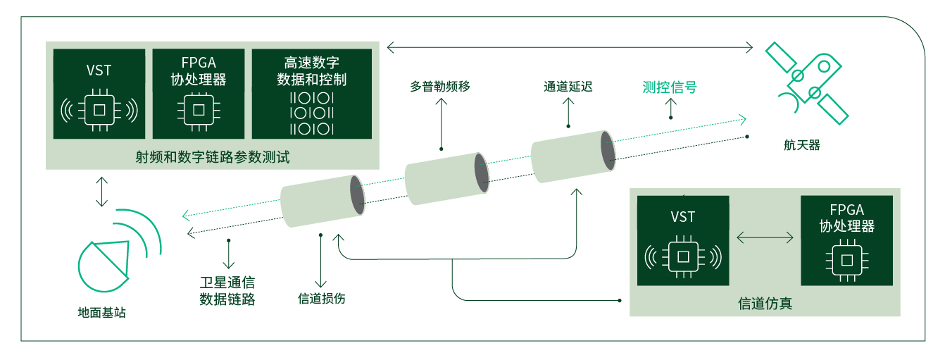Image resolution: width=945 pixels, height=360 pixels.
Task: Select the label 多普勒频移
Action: [440, 87]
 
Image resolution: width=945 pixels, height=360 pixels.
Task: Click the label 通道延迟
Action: [568, 87]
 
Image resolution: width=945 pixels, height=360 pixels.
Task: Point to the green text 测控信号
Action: [670, 87]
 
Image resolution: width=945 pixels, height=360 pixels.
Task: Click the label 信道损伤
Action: [322, 298]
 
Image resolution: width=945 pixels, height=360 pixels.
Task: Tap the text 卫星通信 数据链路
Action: [227, 291]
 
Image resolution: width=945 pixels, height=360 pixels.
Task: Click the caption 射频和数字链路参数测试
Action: [213, 157]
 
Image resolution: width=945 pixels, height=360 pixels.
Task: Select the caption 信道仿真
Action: [765, 304]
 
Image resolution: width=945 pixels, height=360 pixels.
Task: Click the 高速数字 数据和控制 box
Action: [311, 93]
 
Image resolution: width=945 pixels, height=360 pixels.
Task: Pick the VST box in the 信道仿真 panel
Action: [682, 240]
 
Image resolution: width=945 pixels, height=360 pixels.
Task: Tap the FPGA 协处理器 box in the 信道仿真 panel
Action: [846, 240]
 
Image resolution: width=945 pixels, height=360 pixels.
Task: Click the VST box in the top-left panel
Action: [99, 93]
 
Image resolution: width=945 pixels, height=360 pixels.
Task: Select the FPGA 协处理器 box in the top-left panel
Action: [199, 93]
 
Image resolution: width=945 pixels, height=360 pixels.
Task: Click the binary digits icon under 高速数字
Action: [311, 113]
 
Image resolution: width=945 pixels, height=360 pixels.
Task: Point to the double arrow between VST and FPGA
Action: [765, 238]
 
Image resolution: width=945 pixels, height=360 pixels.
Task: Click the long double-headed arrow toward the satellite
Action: [570, 47]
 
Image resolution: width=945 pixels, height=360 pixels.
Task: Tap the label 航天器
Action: [802, 146]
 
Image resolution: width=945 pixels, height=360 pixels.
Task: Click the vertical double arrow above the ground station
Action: [102, 192]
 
